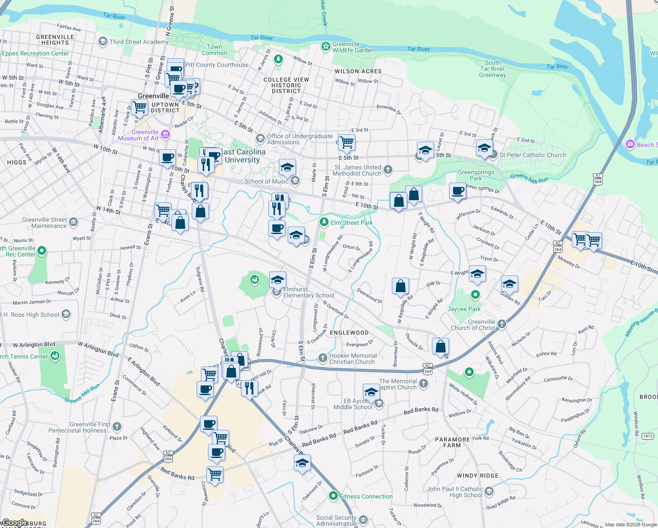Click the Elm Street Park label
(x=351, y=223)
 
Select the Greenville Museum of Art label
(x=139, y=135)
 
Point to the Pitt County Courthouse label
(x=217, y=65)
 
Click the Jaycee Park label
(x=464, y=309)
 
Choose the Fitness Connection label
(x=366, y=496)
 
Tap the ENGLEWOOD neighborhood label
(x=349, y=333)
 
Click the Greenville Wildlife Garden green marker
(x=325, y=46)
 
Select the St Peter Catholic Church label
(x=533, y=155)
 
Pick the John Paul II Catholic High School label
(x=455, y=492)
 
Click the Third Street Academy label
(x=139, y=42)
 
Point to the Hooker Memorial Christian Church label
(x=353, y=359)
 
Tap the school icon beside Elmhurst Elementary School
(x=277, y=280)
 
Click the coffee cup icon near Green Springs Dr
(x=457, y=191)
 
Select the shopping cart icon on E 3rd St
(x=347, y=142)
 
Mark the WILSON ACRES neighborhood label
(x=358, y=71)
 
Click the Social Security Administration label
(x=336, y=521)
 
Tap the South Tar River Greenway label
(x=493, y=69)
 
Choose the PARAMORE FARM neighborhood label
(x=452, y=442)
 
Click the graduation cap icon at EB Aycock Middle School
(x=371, y=392)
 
